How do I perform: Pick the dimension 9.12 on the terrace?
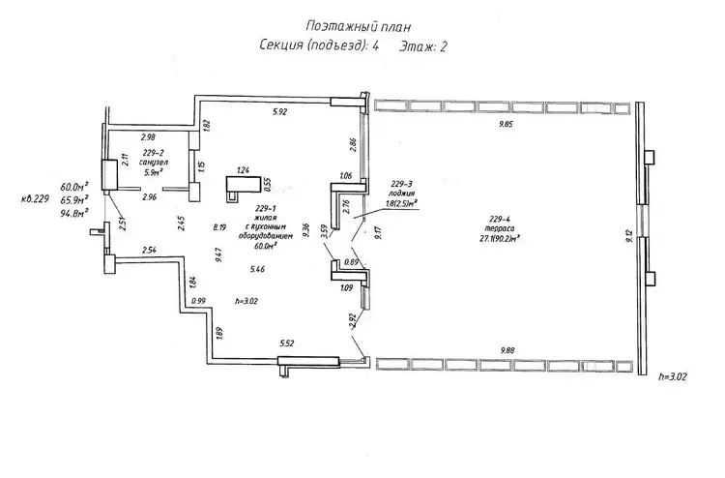[x=629, y=238]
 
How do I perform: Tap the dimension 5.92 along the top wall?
[x=281, y=113]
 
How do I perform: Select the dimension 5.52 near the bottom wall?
[x=286, y=344]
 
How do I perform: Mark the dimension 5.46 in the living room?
[x=257, y=268]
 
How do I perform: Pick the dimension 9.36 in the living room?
[x=305, y=228]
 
